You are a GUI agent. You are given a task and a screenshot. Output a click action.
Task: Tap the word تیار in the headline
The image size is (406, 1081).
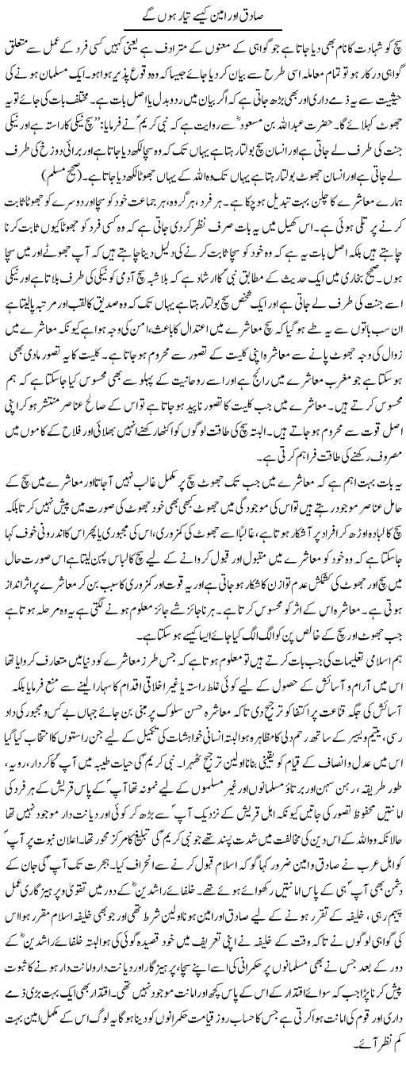pyautogui.click(x=175, y=15)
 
